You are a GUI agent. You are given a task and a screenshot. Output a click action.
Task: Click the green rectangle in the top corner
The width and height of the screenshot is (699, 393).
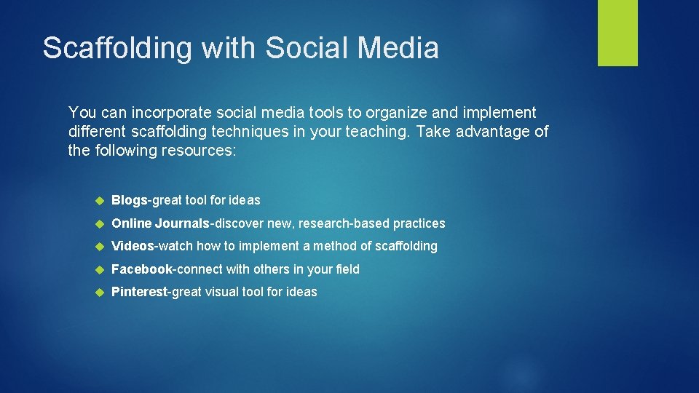617,33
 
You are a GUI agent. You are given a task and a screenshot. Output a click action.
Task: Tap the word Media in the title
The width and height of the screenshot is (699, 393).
398,48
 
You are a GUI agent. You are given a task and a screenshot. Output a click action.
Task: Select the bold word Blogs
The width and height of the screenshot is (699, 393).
129,200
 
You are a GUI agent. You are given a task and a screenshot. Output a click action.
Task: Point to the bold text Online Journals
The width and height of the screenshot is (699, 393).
160,223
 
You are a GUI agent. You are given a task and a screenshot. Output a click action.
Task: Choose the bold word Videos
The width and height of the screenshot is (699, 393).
133,246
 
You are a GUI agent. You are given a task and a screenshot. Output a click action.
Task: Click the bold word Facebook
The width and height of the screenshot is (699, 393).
142,269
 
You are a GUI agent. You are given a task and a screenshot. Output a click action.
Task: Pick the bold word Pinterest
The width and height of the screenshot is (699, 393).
140,292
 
